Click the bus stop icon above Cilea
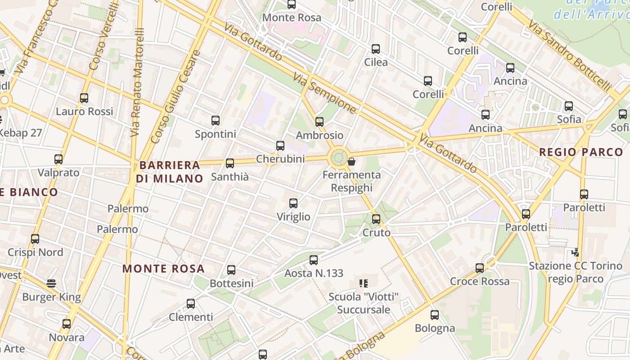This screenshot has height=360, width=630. click(376, 49)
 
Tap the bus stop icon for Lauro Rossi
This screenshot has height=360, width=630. click(84, 98)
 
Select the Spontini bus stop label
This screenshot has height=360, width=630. click(216, 134)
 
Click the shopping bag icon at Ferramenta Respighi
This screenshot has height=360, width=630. click(351, 161)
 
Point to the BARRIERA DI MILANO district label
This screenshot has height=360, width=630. click(170, 172)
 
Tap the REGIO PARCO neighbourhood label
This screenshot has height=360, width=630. click(581, 152)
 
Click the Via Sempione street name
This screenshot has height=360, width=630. click(324, 93)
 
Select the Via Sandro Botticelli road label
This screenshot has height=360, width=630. click(570, 56)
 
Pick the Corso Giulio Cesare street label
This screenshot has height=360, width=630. click(175, 97)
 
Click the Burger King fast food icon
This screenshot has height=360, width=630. click(52, 283)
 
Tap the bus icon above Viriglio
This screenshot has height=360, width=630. click(293, 203)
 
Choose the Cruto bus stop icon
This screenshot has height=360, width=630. click(376, 219)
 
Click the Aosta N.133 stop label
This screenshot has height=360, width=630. click(314, 273)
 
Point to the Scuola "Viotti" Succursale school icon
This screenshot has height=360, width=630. click(364, 283)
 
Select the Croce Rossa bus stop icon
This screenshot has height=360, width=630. click(480, 268)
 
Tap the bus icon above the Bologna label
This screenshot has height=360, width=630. click(434, 315)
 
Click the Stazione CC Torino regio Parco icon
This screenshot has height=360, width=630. click(575, 252)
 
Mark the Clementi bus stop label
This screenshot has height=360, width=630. click(191, 317)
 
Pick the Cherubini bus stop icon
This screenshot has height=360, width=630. click(280, 146)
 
